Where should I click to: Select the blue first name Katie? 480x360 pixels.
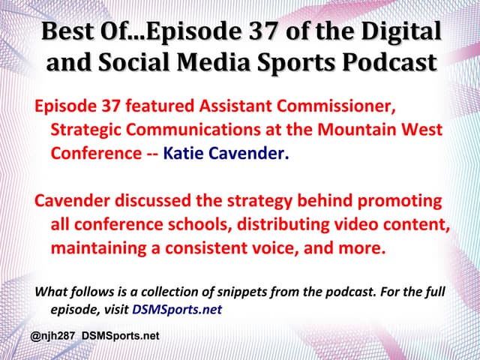coord(183,154)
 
